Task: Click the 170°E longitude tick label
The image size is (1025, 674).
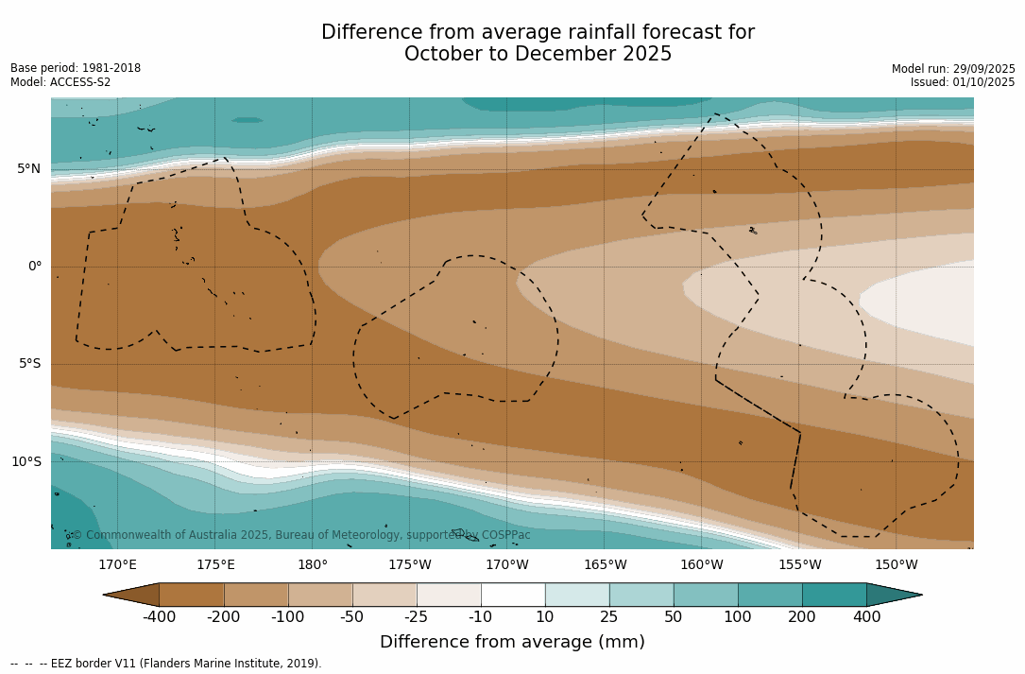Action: pyautogui.click(x=117, y=565)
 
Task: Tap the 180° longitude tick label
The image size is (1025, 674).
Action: pyautogui.click(x=313, y=565)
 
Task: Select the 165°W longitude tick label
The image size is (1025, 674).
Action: pyautogui.click(x=605, y=565)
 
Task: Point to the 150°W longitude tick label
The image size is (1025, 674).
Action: pyautogui.click(x=897, y=565)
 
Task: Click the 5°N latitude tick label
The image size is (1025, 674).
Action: pyautogui.click(x=28, y=169)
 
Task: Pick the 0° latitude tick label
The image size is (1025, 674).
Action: pyautogui.click(x=35, y=267)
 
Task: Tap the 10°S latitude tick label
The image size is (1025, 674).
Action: pyautogui.click(x=26, y=462)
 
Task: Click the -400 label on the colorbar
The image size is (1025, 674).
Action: pyautogui.click(x=159, y=617)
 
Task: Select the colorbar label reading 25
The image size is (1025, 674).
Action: pyautogui.click(x=609, y=617)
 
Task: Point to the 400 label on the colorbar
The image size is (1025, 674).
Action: pyautogui.click(x=866, y=617)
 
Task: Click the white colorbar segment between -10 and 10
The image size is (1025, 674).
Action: pyautogui.click(x=513, y=595)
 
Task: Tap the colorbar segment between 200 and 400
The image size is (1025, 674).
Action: pyautogui.click(x=834, y=595)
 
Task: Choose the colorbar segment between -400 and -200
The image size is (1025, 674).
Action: pyautogui.click(x=192, y=595)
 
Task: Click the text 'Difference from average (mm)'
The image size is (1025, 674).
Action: pyautogui.click(x=512, y=643)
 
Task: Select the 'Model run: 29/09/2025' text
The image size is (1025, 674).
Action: pyautogui.click(x=953, y=69)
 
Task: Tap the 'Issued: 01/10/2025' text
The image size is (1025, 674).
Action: pyautogui.click(x=963, y=82)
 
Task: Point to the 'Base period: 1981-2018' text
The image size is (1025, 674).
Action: pyautogui.click(x=76, y=68)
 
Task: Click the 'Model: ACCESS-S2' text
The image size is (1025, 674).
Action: pyautogui.click(x=60, y=82)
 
